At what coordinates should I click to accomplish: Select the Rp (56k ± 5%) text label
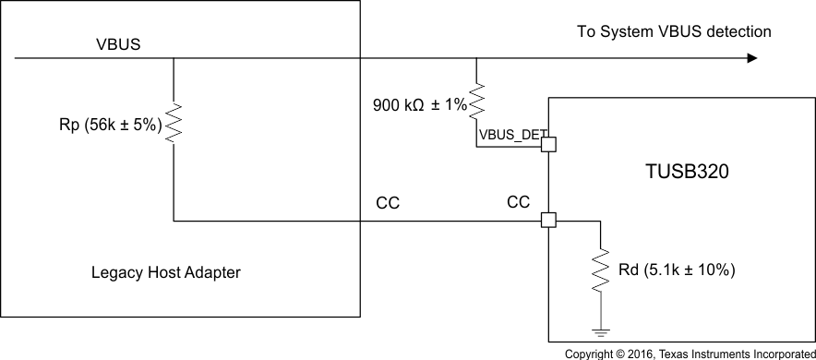tap(106, 126)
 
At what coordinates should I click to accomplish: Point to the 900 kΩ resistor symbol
tap(476, 103)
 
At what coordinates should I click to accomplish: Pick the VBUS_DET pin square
tap(547, 144)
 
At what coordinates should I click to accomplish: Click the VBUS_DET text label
tap(509, 135)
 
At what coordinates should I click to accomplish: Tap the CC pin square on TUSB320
tap(547, 221)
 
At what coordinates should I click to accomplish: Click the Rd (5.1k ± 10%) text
tap(677, 270)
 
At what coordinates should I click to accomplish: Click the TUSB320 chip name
tap(680, 172)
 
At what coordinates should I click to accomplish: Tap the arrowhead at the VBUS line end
tap(751, 58)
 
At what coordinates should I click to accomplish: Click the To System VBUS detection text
tap(673, 32)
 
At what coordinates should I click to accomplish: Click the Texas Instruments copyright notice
tap(690, 354)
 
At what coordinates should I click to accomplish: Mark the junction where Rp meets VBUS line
tap(174, 58)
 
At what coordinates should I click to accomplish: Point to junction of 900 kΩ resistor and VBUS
tap(476, 58)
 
